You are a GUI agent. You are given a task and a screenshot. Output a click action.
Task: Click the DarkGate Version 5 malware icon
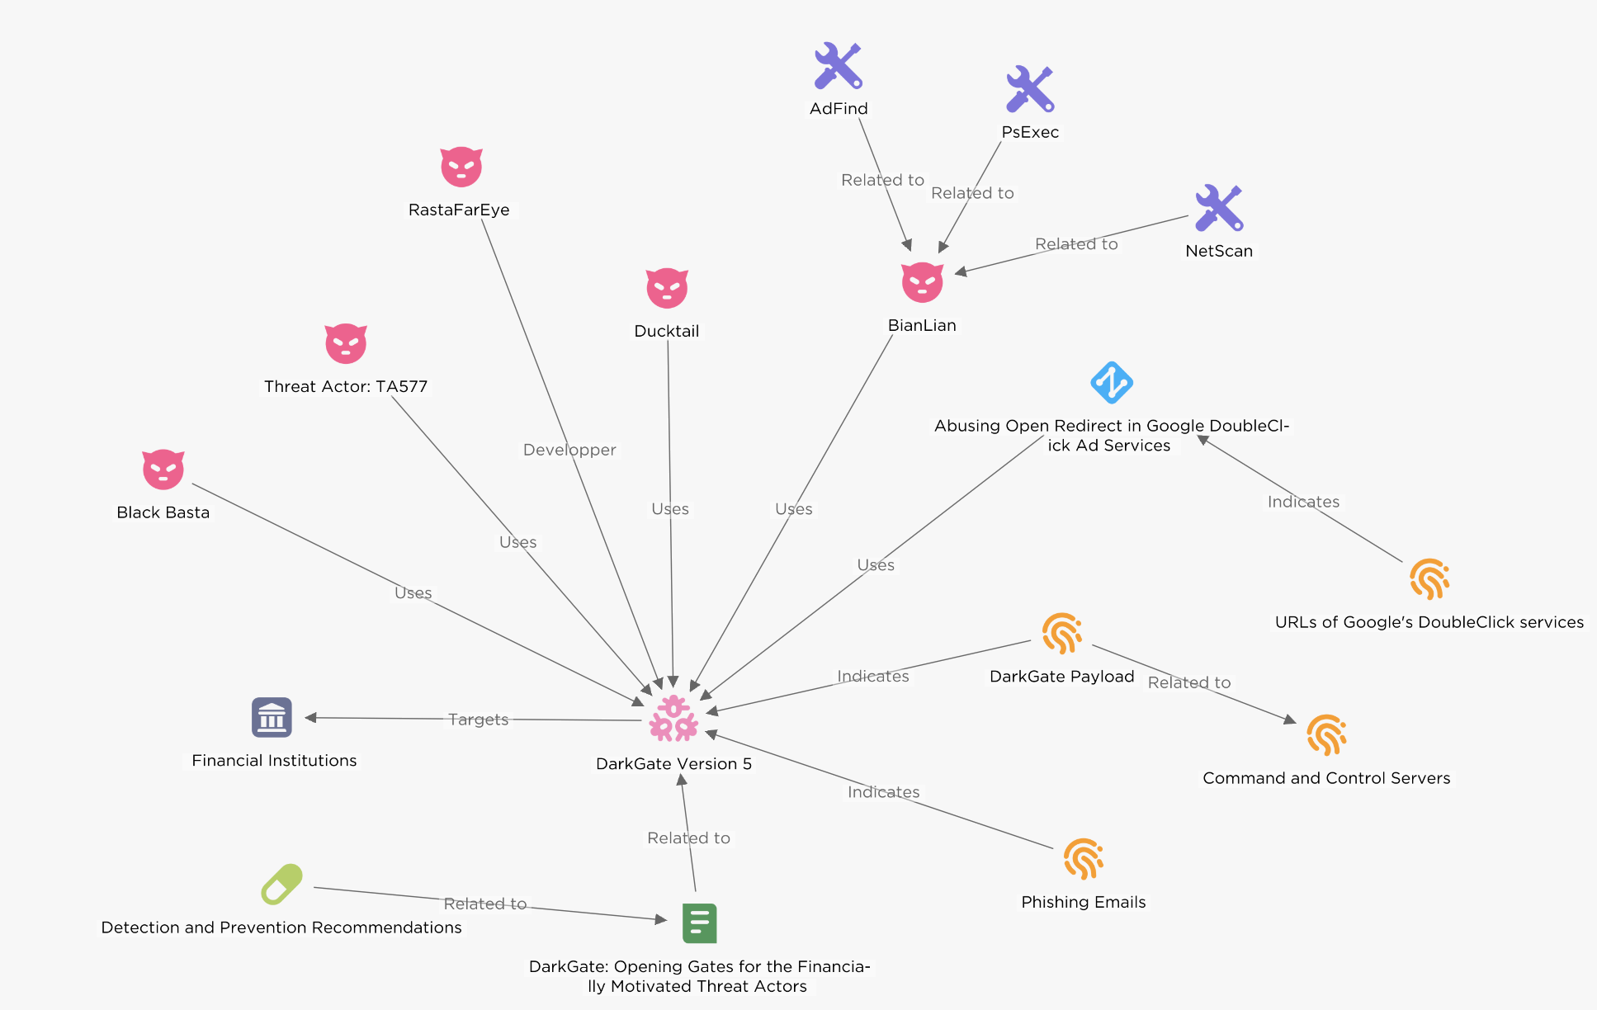pyautogui.click(x=673, y=718)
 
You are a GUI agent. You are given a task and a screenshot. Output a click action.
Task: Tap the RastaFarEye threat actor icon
pyautogui.click(x=461, y=168)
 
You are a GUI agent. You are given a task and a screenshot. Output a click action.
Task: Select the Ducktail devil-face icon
pyautogui.click(x=667, y=288)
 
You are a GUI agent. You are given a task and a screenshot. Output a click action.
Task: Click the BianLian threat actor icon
pyautogui.click(x=922, y=283)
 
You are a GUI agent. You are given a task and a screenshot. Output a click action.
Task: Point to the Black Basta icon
pyautogui.click(x=163, y=470)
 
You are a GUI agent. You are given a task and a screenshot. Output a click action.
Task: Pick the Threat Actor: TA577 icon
pyautogui.click(x=346, y=343)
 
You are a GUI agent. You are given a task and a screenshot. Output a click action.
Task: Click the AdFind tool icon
pyautogui.click(x=838, y=66)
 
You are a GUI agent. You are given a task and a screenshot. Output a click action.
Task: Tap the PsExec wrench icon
pyautogui.click(x=1030, y=89)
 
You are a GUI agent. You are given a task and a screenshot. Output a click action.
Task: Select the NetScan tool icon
pyautogui.click(x=1219, y=208)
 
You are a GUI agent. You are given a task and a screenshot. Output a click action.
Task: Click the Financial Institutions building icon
pyautogui.click(x=272, y=717)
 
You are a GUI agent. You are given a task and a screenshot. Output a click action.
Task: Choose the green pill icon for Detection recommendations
pyautogui.click(x=281, y=885)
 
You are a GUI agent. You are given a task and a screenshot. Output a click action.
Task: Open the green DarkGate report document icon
pyautogui.click(x=699, y=923)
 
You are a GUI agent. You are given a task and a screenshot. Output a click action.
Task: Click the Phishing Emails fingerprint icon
pyautogui.click(x=1083, y=859)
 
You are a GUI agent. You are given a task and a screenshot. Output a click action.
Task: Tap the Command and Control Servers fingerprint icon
pyautogui.click(x=1326, y=735)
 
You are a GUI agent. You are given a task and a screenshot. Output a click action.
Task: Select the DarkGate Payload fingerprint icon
pyautogui.click(x=1061, y=634)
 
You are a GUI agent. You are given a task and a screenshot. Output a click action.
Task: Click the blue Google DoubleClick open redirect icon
pyautogui.click(x=1111, y=383)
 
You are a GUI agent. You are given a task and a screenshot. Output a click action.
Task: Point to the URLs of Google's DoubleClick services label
pyautogui.click(x=1429, y=622)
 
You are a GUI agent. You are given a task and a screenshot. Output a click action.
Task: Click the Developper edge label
pyautogui.click(x=569, y=450)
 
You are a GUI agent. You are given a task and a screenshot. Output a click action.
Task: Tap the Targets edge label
pyautogui.click(x=478, y=720)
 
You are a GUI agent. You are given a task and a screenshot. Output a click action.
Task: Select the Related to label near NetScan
pyautogui.click(x=1076, y=244)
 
